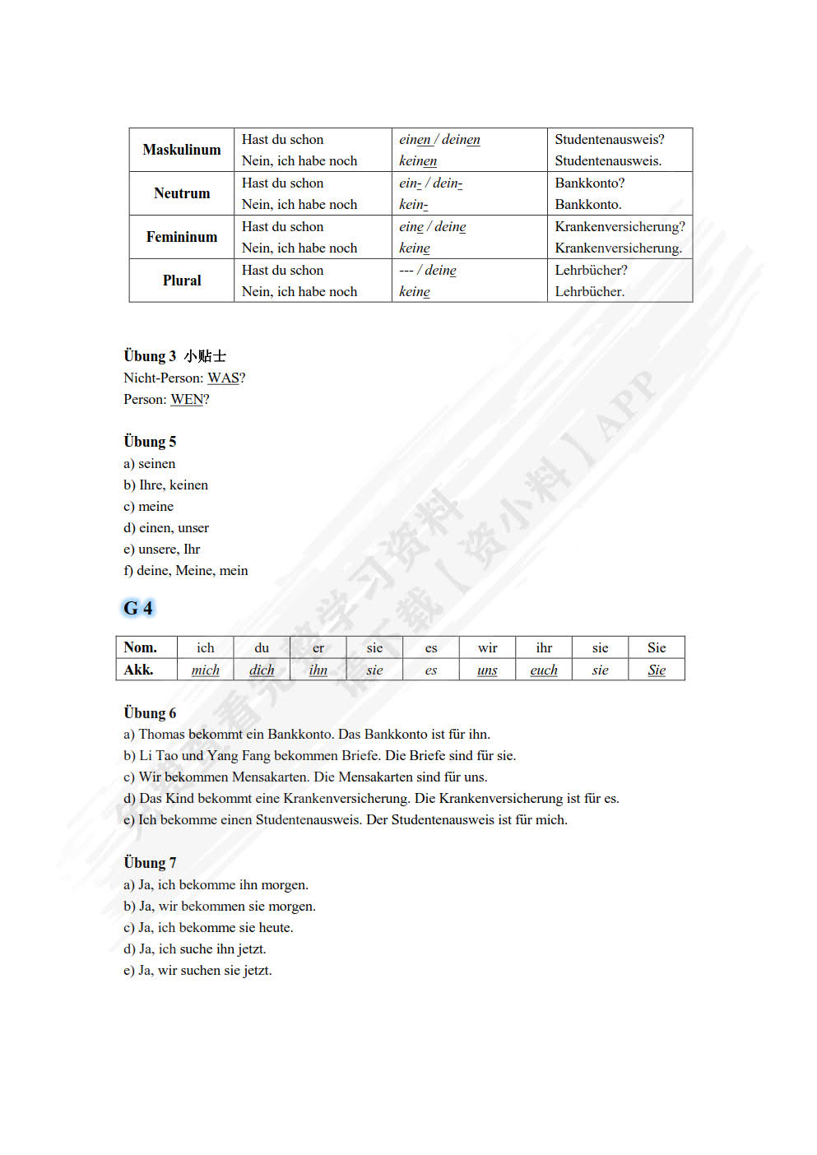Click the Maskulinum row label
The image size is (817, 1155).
click(182, 150)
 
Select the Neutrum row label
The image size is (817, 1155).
click(182, 193)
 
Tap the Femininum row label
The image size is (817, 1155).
click(182, 237)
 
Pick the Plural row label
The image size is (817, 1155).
click(182, 281)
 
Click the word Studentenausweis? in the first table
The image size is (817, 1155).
click(609, 140)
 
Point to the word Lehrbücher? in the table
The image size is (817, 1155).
click(591, 271)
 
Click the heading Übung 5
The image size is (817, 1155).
click(150, 442)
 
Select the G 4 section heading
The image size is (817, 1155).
click(138, 609)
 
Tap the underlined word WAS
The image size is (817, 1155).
click(223, 378)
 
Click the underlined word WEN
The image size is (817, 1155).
click(187, 400)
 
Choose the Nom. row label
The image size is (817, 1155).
click(140, 647)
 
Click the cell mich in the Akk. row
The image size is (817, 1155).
click(206, 670)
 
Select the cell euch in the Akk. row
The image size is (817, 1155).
click(544, 670)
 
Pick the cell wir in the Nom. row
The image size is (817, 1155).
click(487, 648)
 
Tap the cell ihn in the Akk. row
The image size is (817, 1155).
click(318, 670)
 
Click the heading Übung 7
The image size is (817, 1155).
click(150, 863)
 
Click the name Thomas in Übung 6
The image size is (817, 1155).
click(161, 735)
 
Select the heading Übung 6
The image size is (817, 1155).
click(150, 713)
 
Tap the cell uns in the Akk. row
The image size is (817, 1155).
click(487, 670)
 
